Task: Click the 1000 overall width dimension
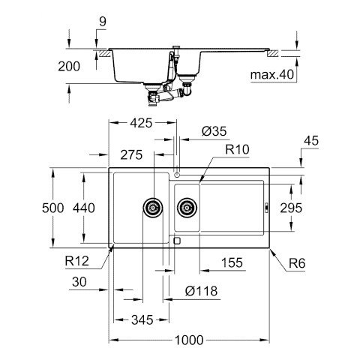(x=189, y=340)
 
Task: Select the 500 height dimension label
(x=53, y=208)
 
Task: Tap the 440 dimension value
(x=84, y=208)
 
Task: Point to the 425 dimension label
(x=141, y=123)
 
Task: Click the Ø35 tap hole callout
(x=214, y=131)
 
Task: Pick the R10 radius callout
(x=237, y=149)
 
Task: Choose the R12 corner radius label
(x=77, y=261)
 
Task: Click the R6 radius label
(x=297, y=263)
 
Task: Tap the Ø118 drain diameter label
(x=201, y=291)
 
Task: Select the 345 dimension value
(x=142, y=320)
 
